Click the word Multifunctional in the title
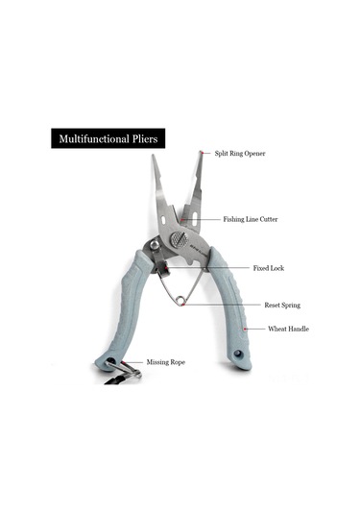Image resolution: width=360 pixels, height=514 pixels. coord(91,139)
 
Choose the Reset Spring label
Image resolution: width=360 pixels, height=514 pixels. coord(282,305)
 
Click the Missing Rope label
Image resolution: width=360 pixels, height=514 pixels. coord(165,362)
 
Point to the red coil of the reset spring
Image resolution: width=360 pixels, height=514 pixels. coord(180,301)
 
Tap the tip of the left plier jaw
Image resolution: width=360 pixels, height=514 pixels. coord(153,159)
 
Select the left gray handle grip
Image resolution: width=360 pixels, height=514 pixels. coord(129,307)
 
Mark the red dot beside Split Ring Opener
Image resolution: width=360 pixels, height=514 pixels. coord(202,153)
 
